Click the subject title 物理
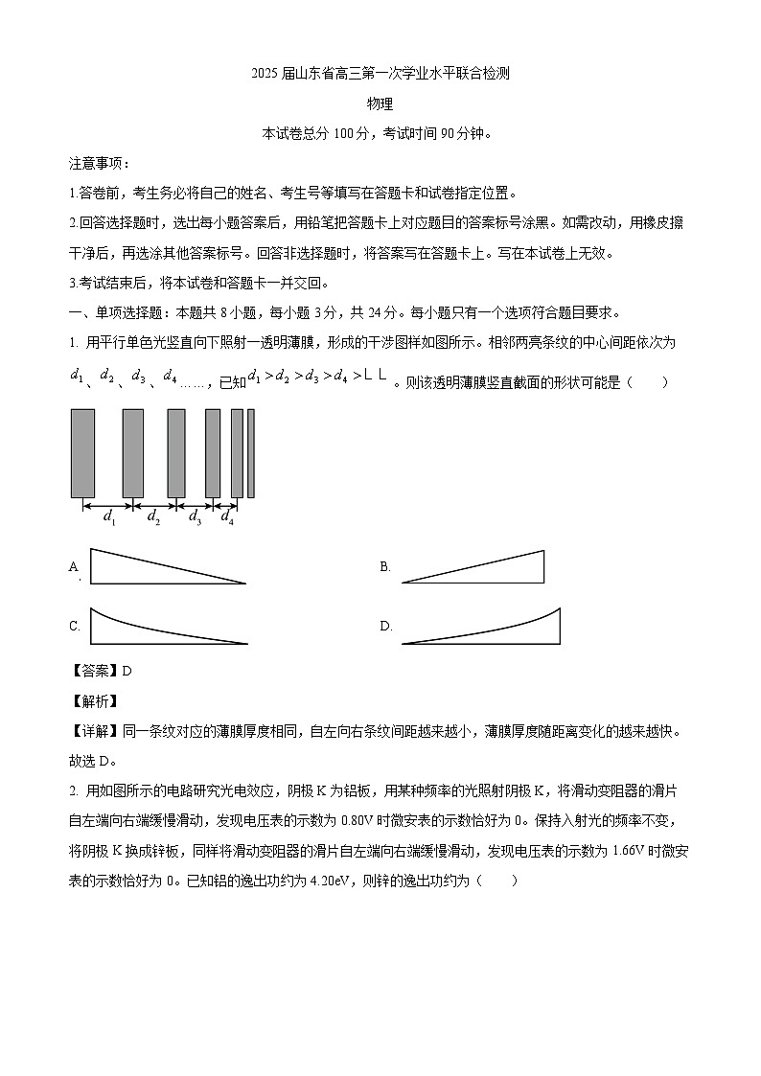[x=380, y=104]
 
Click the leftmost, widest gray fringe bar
[x=82, y=453]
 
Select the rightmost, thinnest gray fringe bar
[x=251, y=453]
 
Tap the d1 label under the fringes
[x=108, y=518]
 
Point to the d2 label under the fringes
[x=152, y=518]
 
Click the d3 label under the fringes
[x=195, y=518]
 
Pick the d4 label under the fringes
[x=227, y=518]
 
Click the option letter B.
[x=385, y=567]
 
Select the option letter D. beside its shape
[x=386, y=627]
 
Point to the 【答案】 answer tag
[x=93, y=671]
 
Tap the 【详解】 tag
[x=93, y=732]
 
